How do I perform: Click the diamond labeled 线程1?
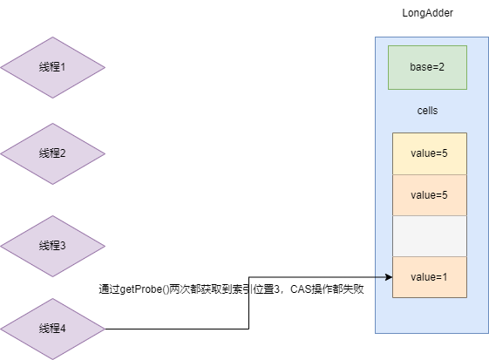pos(52,67)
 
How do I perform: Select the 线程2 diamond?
pos(52,153)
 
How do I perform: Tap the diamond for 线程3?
pos(52,246)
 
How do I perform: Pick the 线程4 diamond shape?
pos(52,329)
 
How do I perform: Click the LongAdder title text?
pos(427,13)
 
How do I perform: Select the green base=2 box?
pos(427,67)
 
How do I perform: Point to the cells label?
pos(427,112)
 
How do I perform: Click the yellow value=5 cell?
pos(429,153)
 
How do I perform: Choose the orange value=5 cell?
pos(429,195)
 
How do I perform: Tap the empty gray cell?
pos(429,235)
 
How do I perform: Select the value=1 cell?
pos(429,277)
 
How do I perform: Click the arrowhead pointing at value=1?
pos(388,277)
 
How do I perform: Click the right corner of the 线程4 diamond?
pos(104,329)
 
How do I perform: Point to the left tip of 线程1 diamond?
pos(2,67)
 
